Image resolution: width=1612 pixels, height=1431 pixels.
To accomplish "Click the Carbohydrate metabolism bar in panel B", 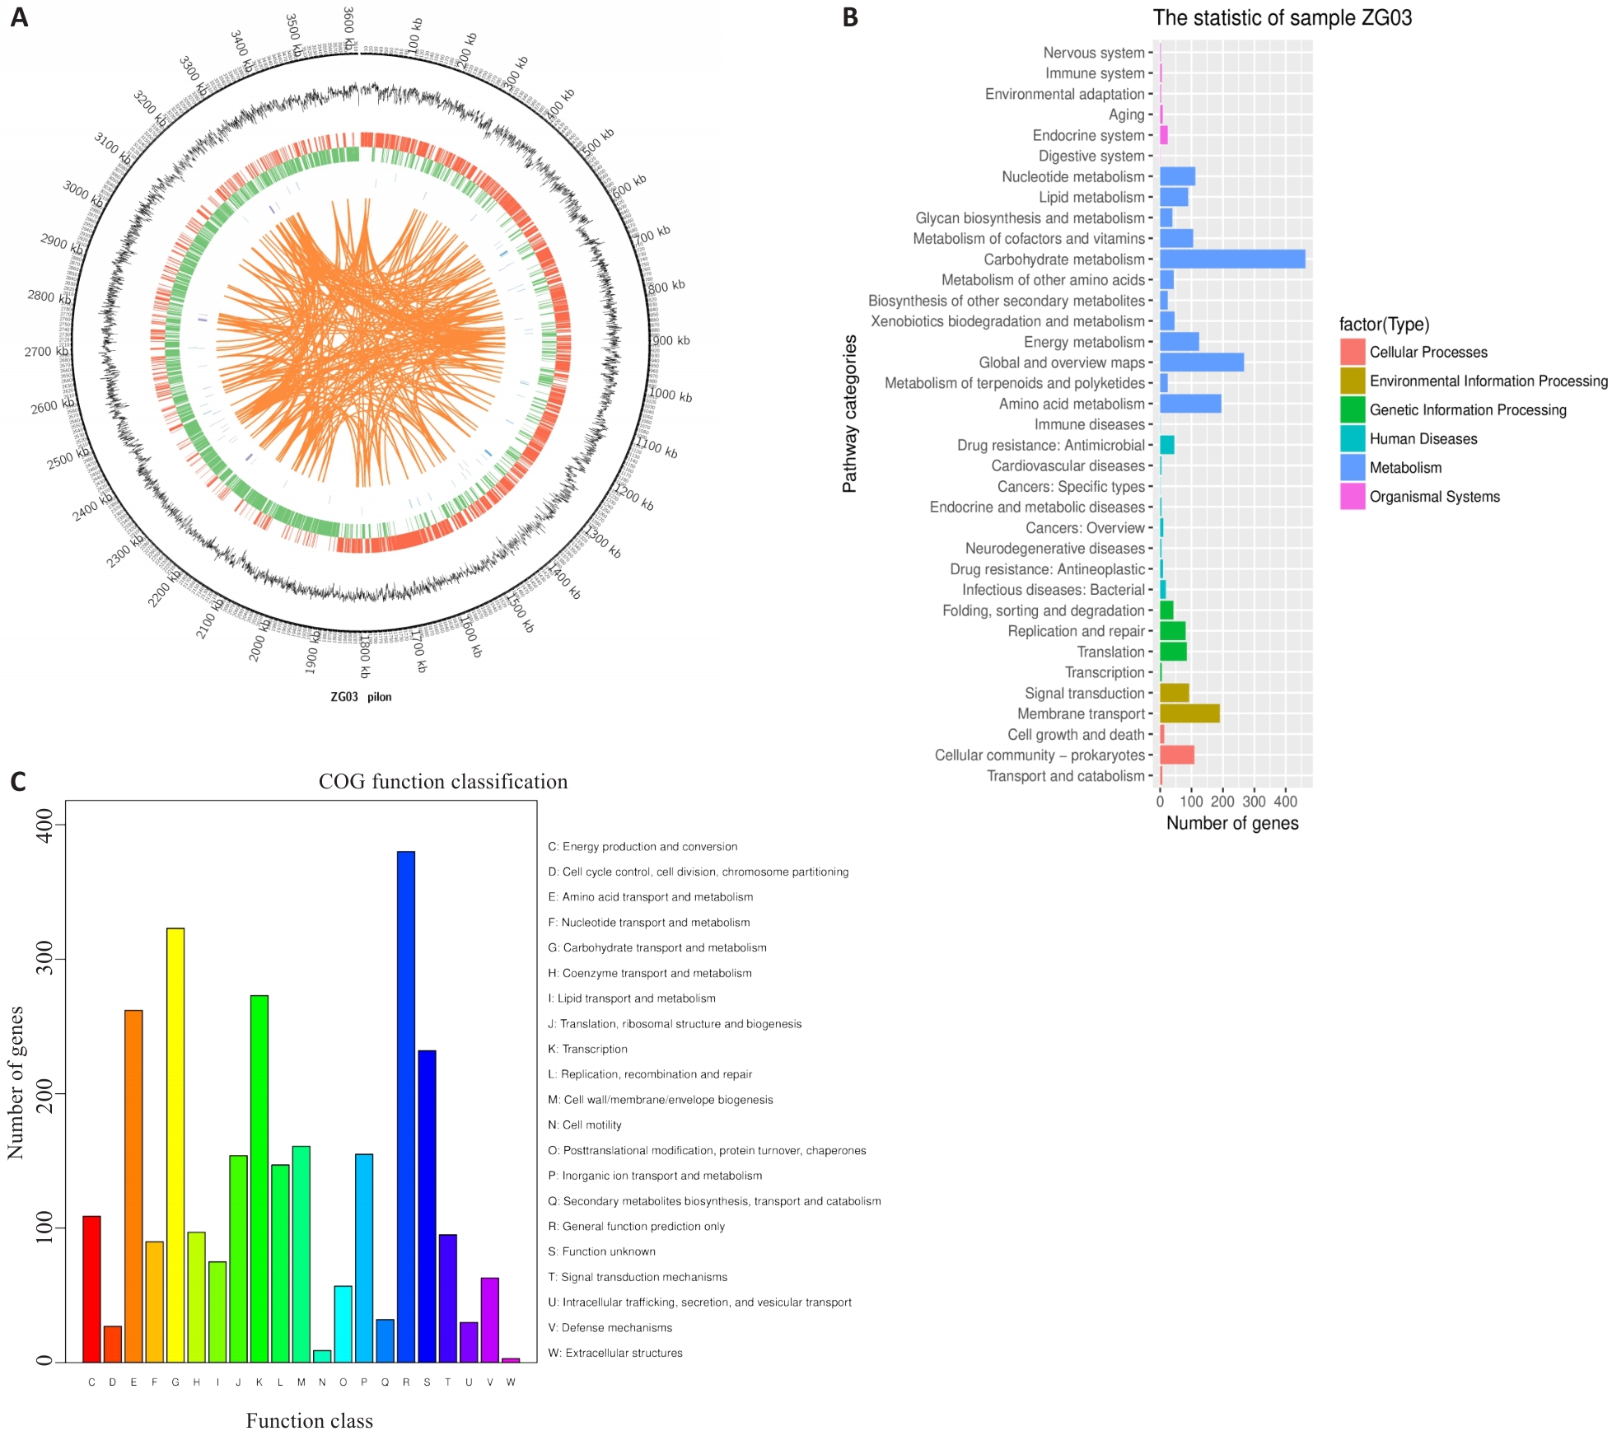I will (x=1231, y=260).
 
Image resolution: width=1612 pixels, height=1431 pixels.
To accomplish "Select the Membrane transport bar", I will (x=1189, y=713).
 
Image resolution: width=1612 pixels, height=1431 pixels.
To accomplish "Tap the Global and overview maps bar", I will (x=1201, y=362).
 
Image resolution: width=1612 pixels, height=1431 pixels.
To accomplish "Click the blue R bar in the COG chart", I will (x=406, y=1104).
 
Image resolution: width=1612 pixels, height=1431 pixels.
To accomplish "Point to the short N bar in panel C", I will (x=322, y=1355).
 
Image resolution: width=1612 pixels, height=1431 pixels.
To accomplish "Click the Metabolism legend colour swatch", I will (x=1352, y=468).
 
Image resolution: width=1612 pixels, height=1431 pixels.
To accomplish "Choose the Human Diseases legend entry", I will (x=1423, y=439).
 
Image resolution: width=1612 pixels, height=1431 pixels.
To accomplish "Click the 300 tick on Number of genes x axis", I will (x=1254, y=802).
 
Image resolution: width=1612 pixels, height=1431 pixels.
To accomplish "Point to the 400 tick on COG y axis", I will (x=44, y=825).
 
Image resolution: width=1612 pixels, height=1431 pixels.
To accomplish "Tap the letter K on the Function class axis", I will (x=259, y=1382).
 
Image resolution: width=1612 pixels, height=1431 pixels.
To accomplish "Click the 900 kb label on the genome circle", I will (x=672, y=340).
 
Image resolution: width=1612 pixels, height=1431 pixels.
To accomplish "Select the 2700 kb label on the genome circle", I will (x=46, y=352).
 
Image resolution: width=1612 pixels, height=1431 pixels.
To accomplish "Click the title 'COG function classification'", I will (x=443, y=781).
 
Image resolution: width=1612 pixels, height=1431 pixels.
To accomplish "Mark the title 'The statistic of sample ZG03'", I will (x=1282, y=18).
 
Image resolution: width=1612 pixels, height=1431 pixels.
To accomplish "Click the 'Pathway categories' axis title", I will (x=849, y=414).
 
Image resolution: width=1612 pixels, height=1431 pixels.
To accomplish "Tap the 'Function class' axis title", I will (x=309, y=1420).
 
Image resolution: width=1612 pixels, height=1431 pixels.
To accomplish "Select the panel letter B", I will (x=850, y=17).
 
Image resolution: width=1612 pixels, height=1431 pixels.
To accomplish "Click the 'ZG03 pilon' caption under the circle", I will (x=361, y=697).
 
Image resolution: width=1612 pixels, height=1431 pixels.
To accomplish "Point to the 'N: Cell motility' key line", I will (x=585, y=1125).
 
